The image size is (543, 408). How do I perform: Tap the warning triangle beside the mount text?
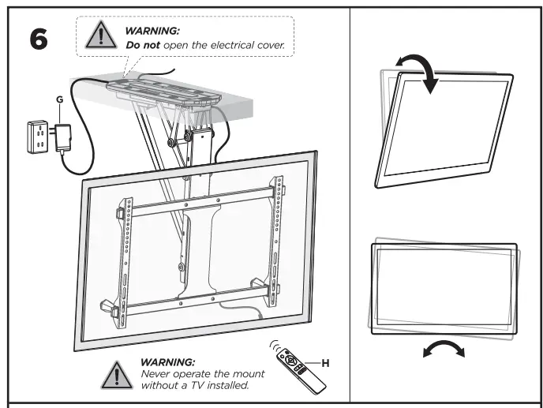pyautogui.click(x=118, y=372)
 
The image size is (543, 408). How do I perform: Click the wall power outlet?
pyautogui.click(x=36, y=135)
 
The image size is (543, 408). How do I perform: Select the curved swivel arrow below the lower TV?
pyautogui.click(x=448, y=349)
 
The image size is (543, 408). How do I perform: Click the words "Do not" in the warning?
pyautogui.click(x=142, y=47)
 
